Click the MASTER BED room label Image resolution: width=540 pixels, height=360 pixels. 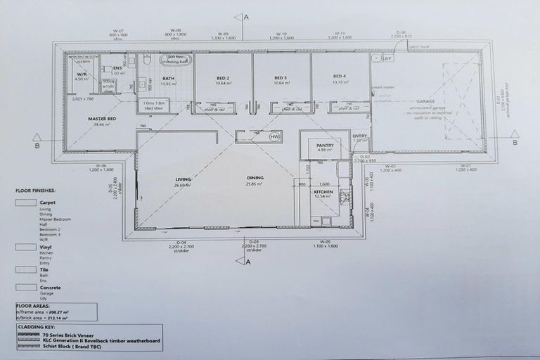101,119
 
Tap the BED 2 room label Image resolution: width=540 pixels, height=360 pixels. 224,77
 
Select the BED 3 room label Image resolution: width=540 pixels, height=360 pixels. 281,77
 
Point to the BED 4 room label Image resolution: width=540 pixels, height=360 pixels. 340,77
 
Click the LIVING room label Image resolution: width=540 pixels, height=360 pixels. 184,179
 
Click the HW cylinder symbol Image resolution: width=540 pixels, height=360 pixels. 275,135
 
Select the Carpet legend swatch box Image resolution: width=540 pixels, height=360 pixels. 25,202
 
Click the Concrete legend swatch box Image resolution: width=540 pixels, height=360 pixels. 25,286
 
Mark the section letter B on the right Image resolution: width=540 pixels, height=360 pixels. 515,142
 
